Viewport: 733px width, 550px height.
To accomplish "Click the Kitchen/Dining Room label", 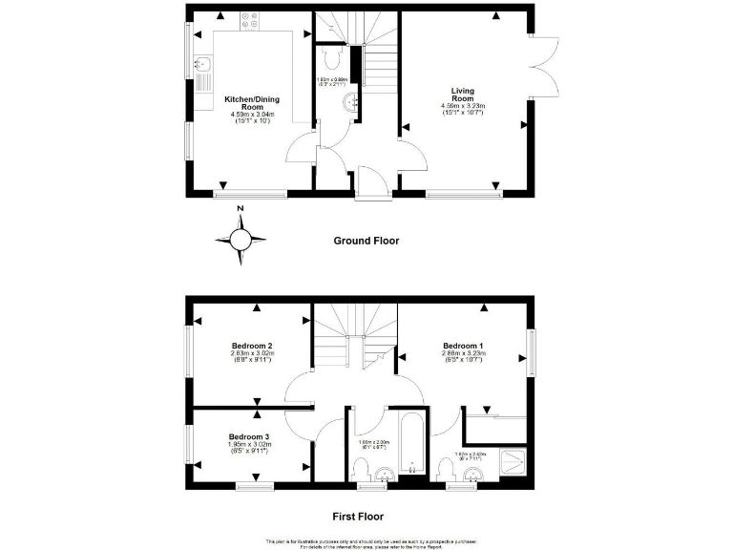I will (x=253, y=102).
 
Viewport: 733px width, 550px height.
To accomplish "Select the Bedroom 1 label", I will (x=463, y=345).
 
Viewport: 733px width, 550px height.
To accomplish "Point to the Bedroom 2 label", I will (x=253, y=346).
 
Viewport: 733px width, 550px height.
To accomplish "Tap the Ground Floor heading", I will (x=366, y=241).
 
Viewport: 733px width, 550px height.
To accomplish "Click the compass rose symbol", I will (x=241, y=239).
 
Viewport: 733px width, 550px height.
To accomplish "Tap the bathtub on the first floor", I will (x=409, y=443).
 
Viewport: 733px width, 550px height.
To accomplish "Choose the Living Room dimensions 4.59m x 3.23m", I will (x=463, y=109).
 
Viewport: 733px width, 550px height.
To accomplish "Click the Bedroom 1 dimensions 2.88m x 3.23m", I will (x=463, y=357).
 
